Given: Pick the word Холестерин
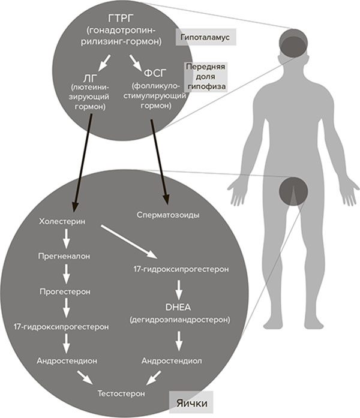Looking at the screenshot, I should tap(62, 221).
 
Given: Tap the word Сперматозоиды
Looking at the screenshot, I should tap(166, 214).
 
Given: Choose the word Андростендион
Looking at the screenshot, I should tap(67, 361).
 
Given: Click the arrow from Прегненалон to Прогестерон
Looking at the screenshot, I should tap(66, 273).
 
